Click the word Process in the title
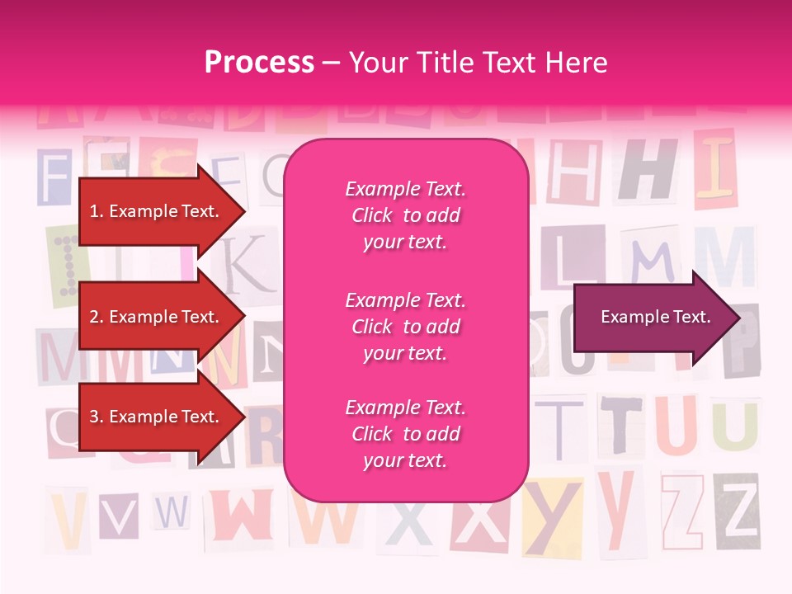coord(259,63)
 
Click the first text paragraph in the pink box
coord(405,215)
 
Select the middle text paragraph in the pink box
coord(405,327)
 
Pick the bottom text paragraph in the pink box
coord(405,434)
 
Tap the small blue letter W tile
coord(172,513)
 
